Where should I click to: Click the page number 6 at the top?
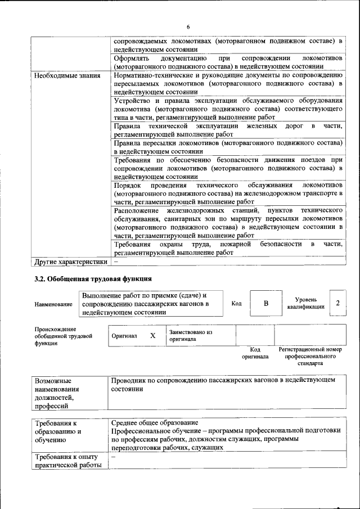(x=188, y=26)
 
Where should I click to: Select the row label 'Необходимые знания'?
(x=67, y=75)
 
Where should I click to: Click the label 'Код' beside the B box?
(x=236, y=304)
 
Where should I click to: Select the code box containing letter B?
(x=266, y=304)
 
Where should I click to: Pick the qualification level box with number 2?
(x=337, y=304)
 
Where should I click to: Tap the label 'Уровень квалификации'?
(x=305, y=304)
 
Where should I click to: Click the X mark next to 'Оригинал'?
(x=152, y=335)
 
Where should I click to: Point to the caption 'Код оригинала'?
(x=255, y=353)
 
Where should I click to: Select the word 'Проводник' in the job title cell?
(x=129, y=380)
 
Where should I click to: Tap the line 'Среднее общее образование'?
(x=155, y=422)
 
